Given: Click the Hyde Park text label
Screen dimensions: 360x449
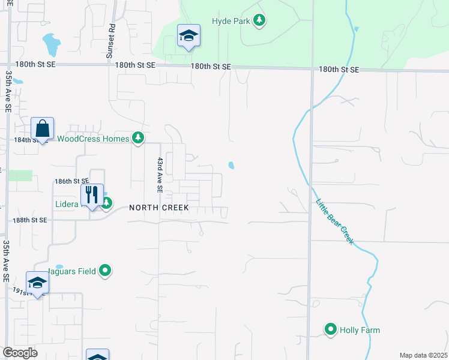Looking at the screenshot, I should click(x=231, y=21).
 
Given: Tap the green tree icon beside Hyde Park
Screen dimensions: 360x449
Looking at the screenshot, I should click(x=259, y=21).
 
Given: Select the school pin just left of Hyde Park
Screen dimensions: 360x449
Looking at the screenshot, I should click(x=188, y=36).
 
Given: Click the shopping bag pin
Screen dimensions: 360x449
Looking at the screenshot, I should click(x=43, y=128).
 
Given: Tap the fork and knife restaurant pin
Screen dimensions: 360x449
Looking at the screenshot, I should click(x=92, y=195).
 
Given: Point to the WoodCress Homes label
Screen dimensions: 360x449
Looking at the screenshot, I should click(x=92, y=139).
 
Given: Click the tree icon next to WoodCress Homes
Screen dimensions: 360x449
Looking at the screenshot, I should click(x=138, y=139).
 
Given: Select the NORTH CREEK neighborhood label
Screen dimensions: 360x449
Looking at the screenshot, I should click(x=159, y=208).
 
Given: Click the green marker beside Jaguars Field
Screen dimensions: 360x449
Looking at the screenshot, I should click(x=106, y=271).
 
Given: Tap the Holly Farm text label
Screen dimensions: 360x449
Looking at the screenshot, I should click(x=360, y=330).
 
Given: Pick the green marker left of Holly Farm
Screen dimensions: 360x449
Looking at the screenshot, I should click(x=330, y=329).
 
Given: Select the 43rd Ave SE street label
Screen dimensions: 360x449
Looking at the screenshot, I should click(x=160, y=175).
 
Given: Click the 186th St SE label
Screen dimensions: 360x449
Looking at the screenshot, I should click(x=71, y=181).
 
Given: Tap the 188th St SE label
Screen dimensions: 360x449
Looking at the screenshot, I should click(x=30, y=220).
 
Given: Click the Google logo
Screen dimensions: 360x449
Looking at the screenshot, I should click(x=20, y=353).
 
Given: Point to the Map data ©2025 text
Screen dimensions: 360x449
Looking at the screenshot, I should click(x=423, y=355).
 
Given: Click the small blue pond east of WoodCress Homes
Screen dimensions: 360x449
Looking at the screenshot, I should click(x=231, y=165).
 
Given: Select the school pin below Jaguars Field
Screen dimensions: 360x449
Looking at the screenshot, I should click(x=37, y=283).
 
